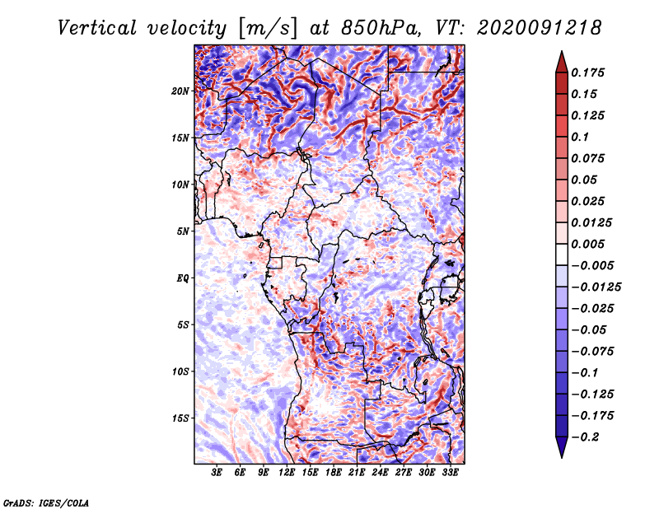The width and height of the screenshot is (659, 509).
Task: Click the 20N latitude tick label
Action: (180, 91)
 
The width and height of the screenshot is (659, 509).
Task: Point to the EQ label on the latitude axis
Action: (183, 278)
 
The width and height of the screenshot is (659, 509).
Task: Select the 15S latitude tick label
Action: (180, 418)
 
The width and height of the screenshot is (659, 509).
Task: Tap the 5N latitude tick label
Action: (183, 231)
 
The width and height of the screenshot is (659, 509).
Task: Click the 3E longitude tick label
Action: (217, 474)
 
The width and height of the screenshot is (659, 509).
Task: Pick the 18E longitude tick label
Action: (334, 474)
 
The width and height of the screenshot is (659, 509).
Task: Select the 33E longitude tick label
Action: (451, 474)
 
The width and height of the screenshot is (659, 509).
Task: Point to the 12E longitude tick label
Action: (287, 474)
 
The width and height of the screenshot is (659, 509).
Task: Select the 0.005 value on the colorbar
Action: (589, 244)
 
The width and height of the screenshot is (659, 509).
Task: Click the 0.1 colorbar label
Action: (581, 137)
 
